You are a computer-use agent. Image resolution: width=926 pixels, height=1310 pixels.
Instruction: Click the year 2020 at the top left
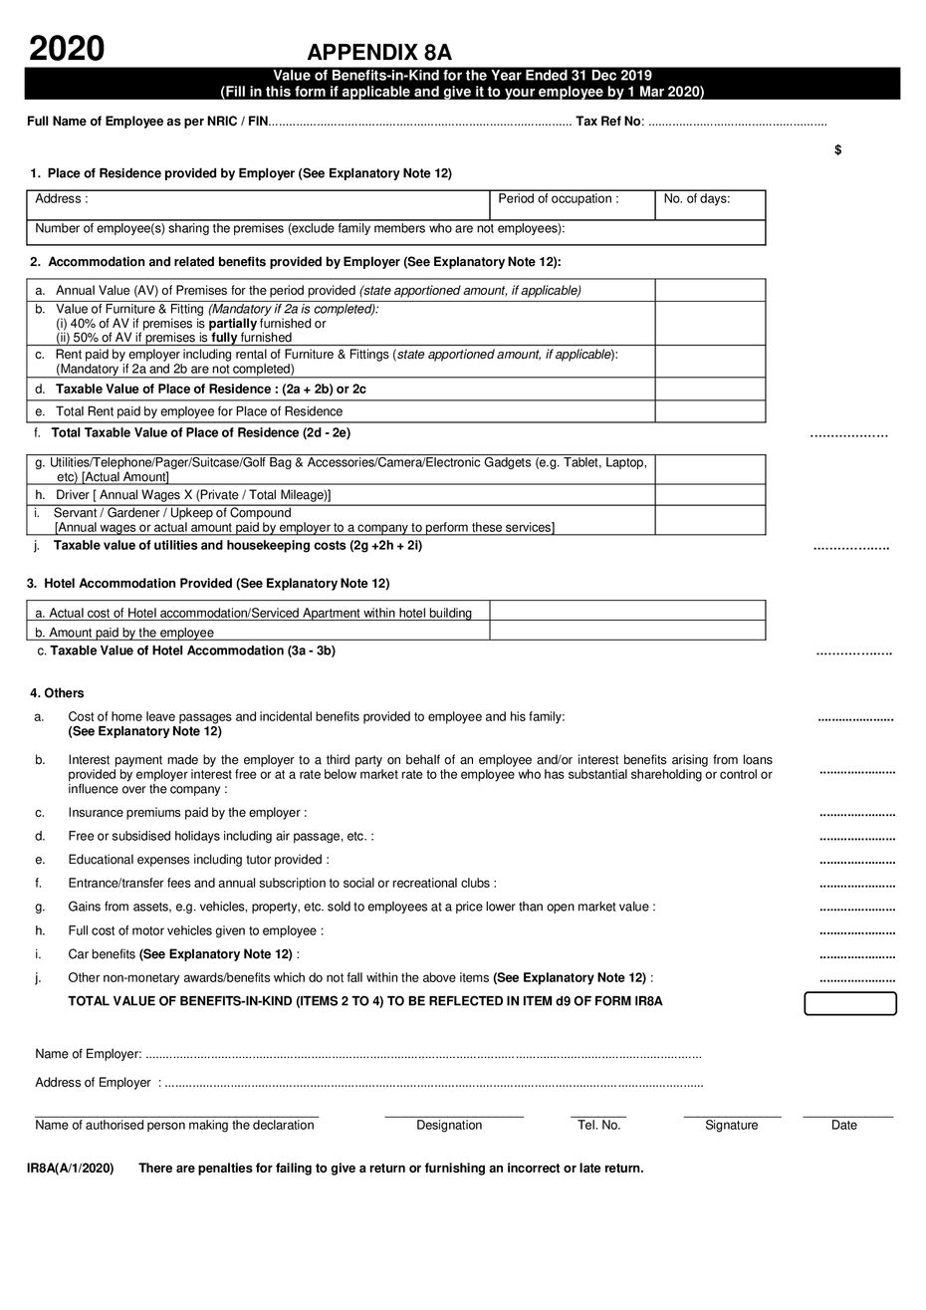tap(66, 47)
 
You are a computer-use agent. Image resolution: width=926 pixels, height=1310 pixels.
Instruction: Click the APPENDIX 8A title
tap(379, 53)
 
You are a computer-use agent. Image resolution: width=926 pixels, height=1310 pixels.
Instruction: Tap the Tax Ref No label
tap(609, 122)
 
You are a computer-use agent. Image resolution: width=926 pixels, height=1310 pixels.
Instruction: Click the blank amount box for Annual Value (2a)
tap(710, 290)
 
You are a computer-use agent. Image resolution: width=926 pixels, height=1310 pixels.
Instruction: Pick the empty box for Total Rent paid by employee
tap(710, 411)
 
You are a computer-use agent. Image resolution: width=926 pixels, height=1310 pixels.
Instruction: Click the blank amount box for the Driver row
tap(710, 495)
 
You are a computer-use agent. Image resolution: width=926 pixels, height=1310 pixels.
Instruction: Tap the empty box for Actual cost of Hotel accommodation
tap(627, 611)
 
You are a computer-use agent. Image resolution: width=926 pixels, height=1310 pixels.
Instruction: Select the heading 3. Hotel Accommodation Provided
tap(208, 583)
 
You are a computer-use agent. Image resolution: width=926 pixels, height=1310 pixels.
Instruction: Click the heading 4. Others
tap(57, 693)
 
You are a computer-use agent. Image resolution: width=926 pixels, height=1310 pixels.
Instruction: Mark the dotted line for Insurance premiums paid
tap(856, 814)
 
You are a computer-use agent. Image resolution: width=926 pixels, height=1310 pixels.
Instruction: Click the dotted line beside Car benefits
tap(856, 955)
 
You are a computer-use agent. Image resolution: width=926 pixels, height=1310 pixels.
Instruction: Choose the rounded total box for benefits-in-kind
tap(850, 1003)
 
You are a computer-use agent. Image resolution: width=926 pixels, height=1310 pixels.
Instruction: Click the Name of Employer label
tap(89, 1054)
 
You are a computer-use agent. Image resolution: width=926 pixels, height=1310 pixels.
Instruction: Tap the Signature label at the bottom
tap(731, 1126)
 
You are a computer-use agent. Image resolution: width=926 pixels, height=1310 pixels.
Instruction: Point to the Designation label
tap(449, 1126)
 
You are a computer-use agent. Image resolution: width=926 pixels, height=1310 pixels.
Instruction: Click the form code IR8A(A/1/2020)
tap(71, 1168)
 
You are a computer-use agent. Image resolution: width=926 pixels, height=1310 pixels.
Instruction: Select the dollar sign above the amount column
tap(838, 150)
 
